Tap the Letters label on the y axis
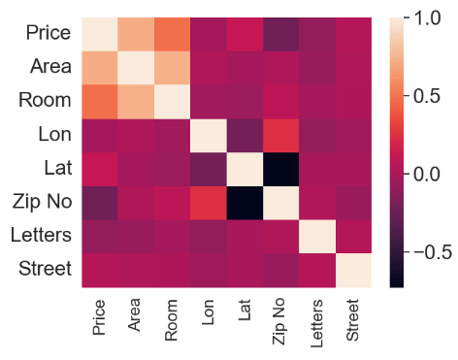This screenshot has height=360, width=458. [x=40, y=235]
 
